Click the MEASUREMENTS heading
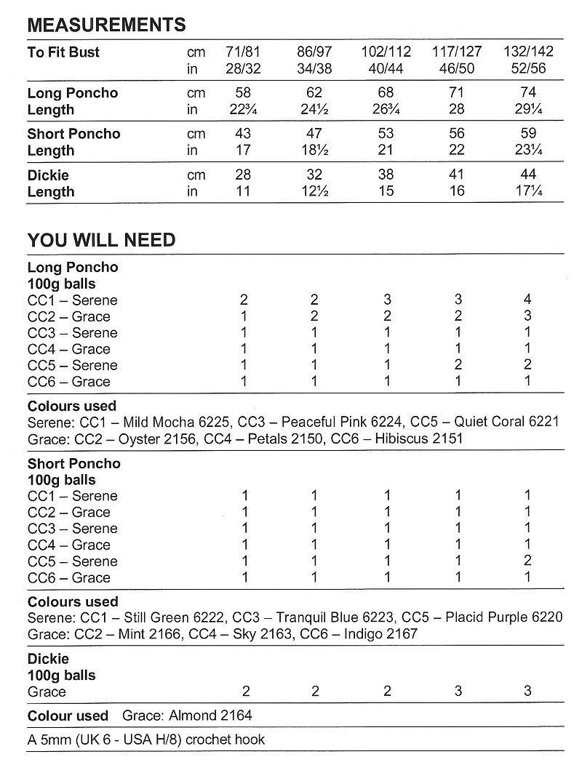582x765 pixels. tap(106, 25)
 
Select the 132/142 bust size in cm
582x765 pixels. tap(528, 52)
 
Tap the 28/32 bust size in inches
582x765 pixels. tap(243, 69)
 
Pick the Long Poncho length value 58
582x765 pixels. tap(243, 93)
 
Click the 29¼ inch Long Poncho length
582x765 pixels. tap(528, 110)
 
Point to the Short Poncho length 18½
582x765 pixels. tap(314, 151)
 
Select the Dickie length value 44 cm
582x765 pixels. tap(528, 175)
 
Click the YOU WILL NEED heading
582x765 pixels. tap(101, 240)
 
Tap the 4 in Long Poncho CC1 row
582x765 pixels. tap(528, 300)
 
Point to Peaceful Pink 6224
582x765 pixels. tap(341, 422)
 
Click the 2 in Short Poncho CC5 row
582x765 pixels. tap(528, 561)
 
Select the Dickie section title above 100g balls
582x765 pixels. tap(48, 659)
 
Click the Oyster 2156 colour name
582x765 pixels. tap(153, 438)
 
